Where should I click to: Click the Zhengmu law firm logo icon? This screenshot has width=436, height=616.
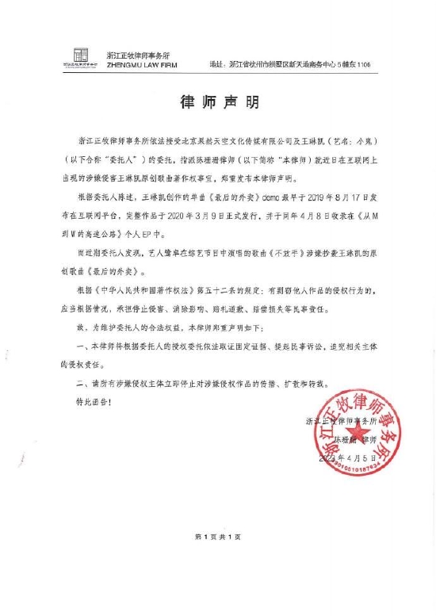pos(81,57)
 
